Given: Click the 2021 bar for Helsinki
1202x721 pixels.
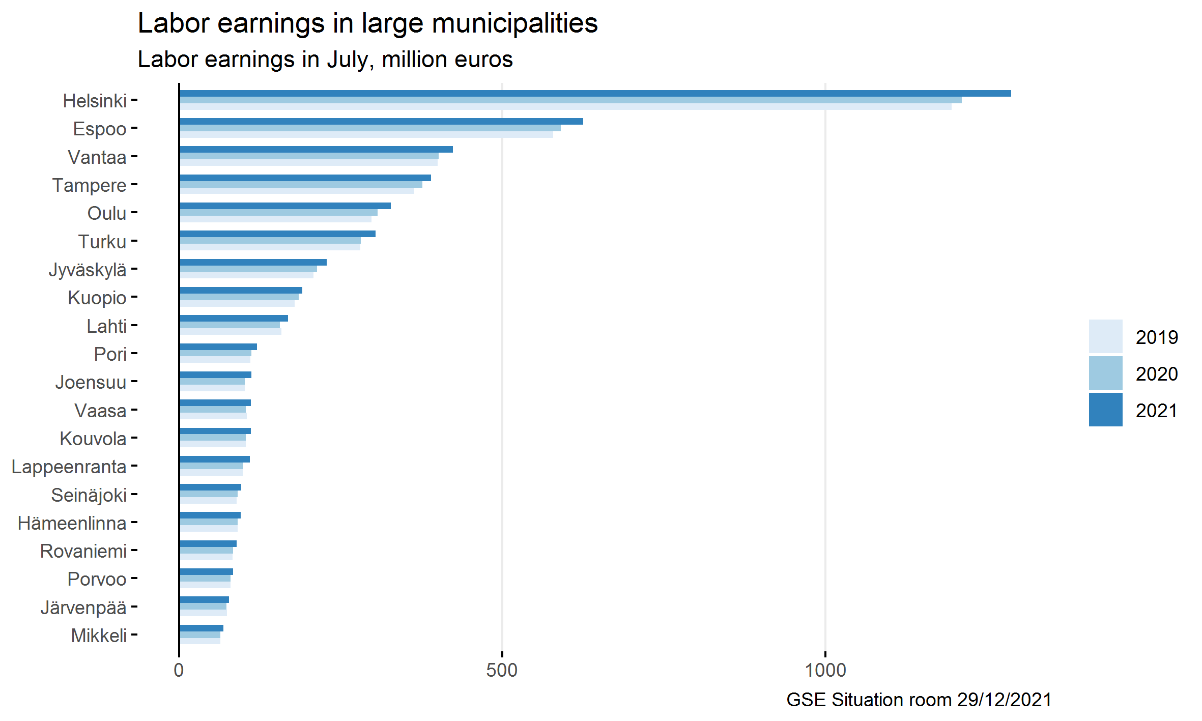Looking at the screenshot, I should [x=594, y=94].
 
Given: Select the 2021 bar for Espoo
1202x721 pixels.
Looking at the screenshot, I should [x=381, y=122].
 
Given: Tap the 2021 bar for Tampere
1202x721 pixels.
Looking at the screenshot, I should [x=305, y=178].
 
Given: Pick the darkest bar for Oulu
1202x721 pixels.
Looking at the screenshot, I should [x=285, y=206].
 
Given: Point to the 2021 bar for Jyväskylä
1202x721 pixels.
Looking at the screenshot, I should [x=253, y=263].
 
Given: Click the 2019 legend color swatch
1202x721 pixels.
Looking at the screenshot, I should [x=1105, y=336].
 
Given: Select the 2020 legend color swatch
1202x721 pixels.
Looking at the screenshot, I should [x=1105, y=373].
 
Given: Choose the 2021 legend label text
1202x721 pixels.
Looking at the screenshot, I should [x=1156, y=411].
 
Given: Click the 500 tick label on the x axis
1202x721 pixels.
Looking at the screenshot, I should [x=502, y=670].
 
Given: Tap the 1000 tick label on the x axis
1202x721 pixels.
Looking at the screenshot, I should [x=825, y=670].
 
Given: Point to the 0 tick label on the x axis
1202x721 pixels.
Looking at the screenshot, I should [x=179, y=670].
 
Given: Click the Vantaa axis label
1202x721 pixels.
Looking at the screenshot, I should [x=97, y=157].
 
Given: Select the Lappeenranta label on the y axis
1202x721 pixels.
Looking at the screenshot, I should [x=69, y=467].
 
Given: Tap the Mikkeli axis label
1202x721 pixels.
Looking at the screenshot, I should [x=99, y=636].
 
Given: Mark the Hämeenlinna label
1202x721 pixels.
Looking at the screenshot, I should [x=72, y=523].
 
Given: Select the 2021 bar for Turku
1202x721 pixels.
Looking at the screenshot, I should [x=277, y=234].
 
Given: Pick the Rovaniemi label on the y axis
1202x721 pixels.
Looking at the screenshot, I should [x=83, y=551].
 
